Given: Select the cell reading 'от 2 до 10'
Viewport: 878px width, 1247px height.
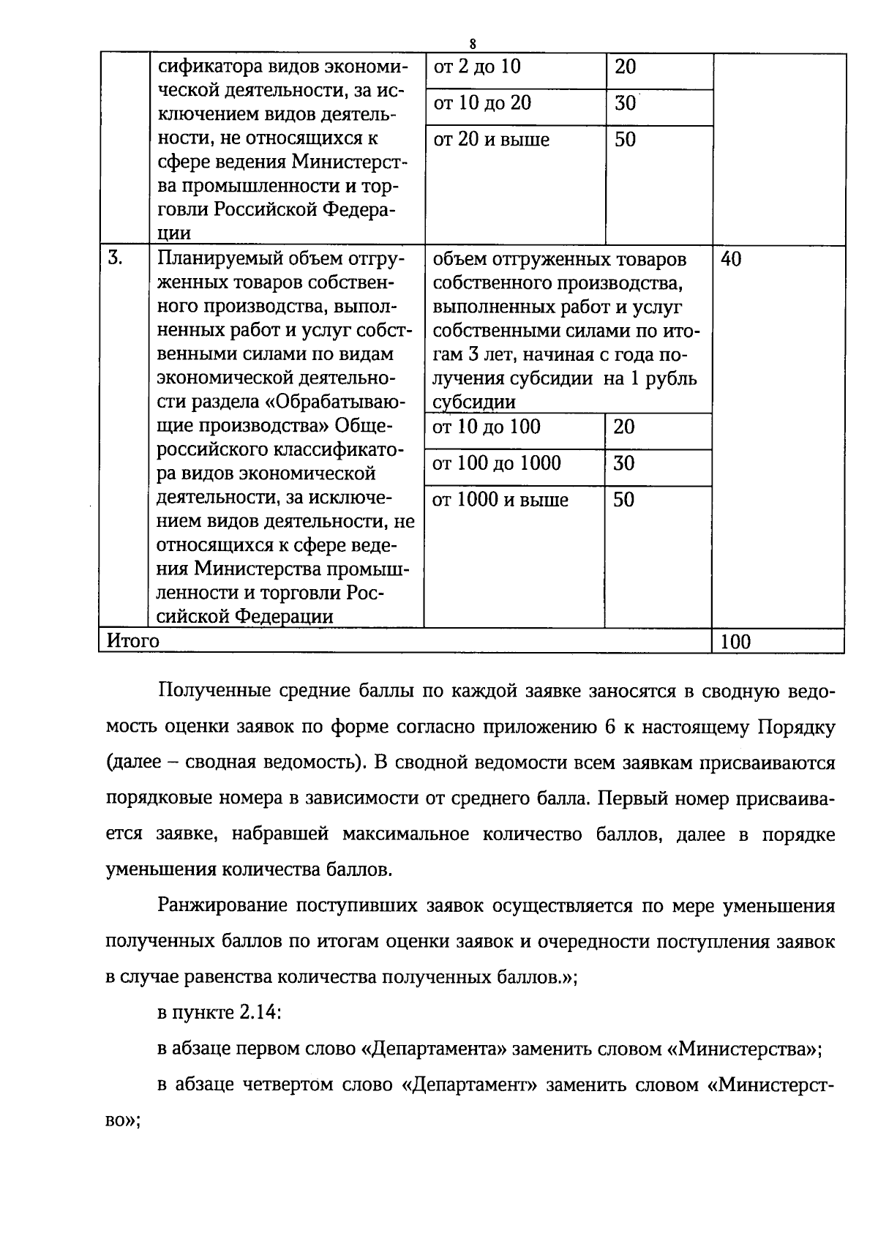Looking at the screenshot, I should (x=477, y=67).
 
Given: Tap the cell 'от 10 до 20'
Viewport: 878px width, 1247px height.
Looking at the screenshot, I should (x=482, y=103).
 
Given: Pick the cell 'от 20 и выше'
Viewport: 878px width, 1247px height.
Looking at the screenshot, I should (x=491, y=140).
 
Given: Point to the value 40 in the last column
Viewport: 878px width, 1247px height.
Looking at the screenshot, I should (x=731, y=259).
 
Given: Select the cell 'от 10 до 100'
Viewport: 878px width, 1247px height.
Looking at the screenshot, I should (x=487, y=427).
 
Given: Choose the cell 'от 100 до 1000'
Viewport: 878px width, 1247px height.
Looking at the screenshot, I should (x=497, y=463).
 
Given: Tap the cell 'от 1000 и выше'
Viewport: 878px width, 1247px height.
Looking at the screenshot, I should (x=500, y=501).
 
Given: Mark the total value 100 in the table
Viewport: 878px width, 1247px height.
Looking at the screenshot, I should (x=735, y=642).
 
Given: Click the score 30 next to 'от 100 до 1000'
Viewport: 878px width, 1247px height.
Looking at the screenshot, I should (x=624, y=463).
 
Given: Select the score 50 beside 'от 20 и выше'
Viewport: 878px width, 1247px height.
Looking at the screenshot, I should (x=625, y=140).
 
